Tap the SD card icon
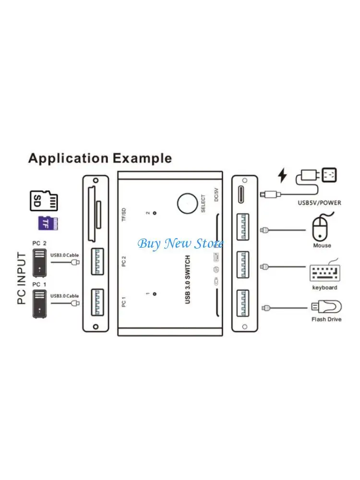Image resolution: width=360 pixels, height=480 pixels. (x=44, y=200)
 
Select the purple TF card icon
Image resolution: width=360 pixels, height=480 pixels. (x=48, y=223)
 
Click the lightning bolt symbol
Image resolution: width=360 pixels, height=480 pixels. (x=283, y=176)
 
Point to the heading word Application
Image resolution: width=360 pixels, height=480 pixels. (x=68, y=158)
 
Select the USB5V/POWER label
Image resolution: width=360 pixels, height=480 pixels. (x=319, y=203)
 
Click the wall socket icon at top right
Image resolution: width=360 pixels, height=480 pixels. (x=330, y=175)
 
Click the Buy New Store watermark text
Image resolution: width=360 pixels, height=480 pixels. (x=180, y=243)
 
